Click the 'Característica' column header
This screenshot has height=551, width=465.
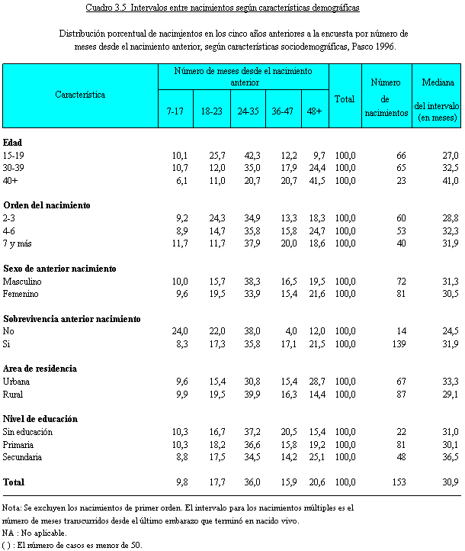coord(80,95)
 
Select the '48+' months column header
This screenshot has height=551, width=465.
coord(315,111)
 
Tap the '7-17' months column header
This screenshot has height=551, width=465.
coord(175,111)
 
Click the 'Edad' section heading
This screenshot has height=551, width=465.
coord(13,143)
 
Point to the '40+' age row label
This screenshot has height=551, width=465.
coord(11,180)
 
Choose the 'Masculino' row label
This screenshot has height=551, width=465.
coord(22,281)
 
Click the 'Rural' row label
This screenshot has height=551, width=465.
coord(13,394)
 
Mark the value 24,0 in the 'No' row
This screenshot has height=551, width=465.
coord(177,331)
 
